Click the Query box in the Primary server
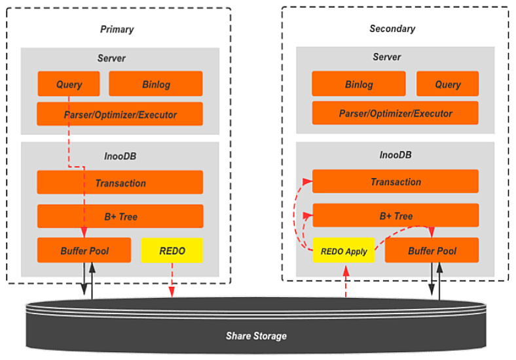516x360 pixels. coord(69,84)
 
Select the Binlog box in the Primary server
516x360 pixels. coord(156,84)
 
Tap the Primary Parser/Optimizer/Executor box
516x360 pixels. coord(120,115)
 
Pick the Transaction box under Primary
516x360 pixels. coord(120,183)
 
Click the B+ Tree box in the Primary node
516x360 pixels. coord(120,217)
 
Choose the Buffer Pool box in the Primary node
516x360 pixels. coord(84,251)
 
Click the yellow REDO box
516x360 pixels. coord(172,251)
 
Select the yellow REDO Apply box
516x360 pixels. coord(344,251)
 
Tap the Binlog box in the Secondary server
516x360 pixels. coord(359,84)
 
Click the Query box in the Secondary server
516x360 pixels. coord(448,84)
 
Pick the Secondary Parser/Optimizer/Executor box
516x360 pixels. coord(396,113)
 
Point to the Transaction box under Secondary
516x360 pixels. coord(396,181)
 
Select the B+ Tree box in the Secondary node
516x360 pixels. coord(396,215)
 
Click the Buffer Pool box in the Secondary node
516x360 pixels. coord(432,251)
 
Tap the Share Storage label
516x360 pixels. coord(256,336)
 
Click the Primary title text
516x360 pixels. coord(117,29)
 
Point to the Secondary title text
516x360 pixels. coord(392,29)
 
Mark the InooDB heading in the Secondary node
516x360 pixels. coord(396,155)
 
